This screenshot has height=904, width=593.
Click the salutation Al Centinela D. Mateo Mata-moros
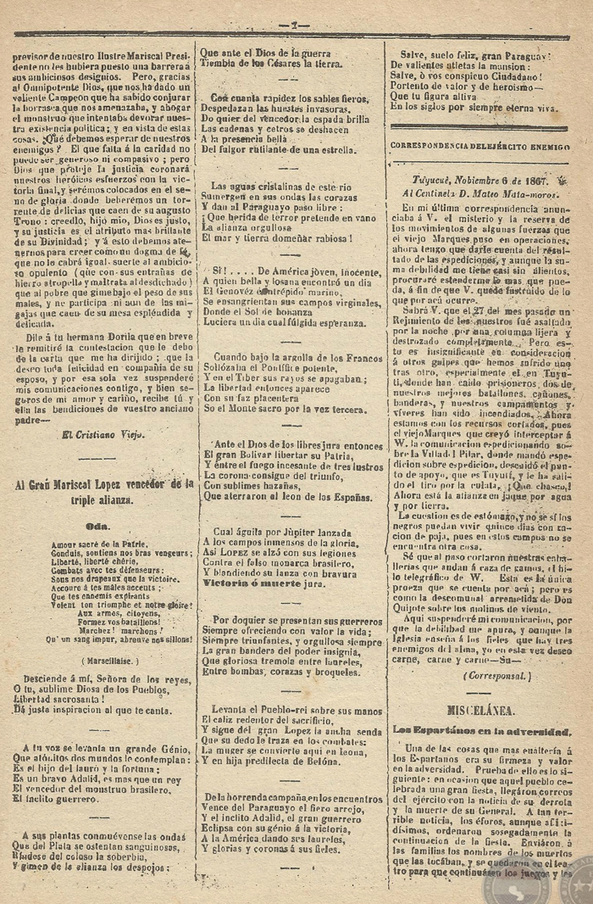point(479,193)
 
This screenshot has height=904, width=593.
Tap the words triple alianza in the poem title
point(103,500)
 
